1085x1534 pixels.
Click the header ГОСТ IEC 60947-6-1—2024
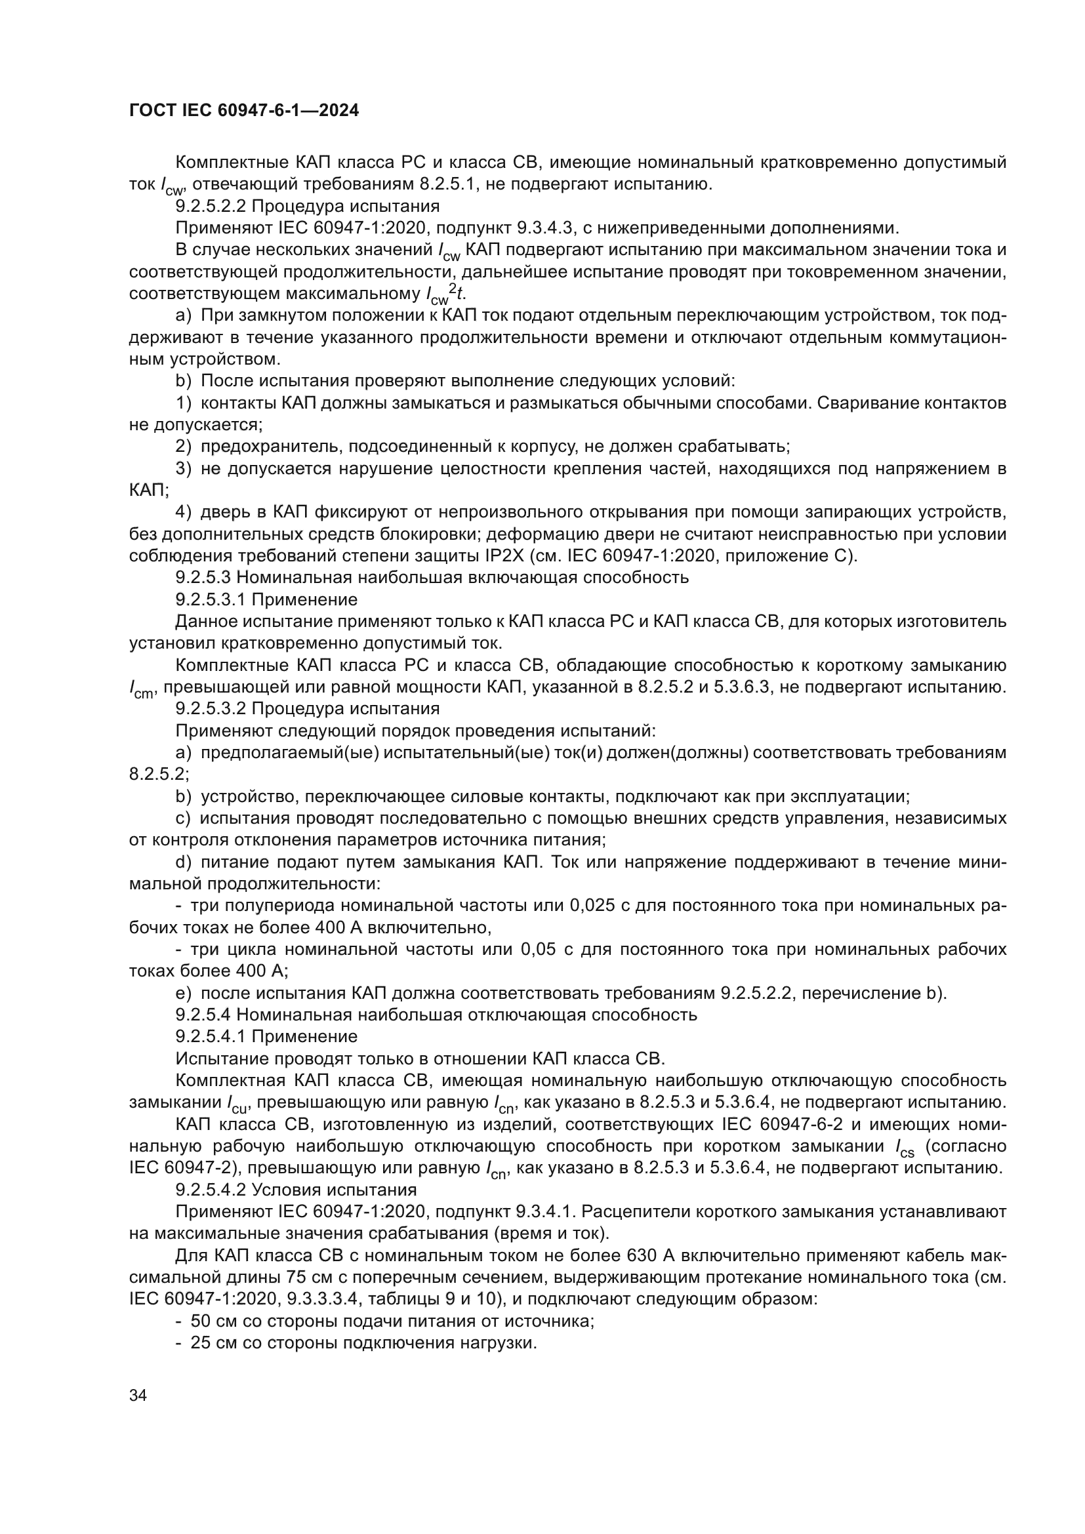point(244,111)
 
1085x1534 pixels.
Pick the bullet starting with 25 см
point(356,1343)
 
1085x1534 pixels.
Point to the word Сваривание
point(863,403)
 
